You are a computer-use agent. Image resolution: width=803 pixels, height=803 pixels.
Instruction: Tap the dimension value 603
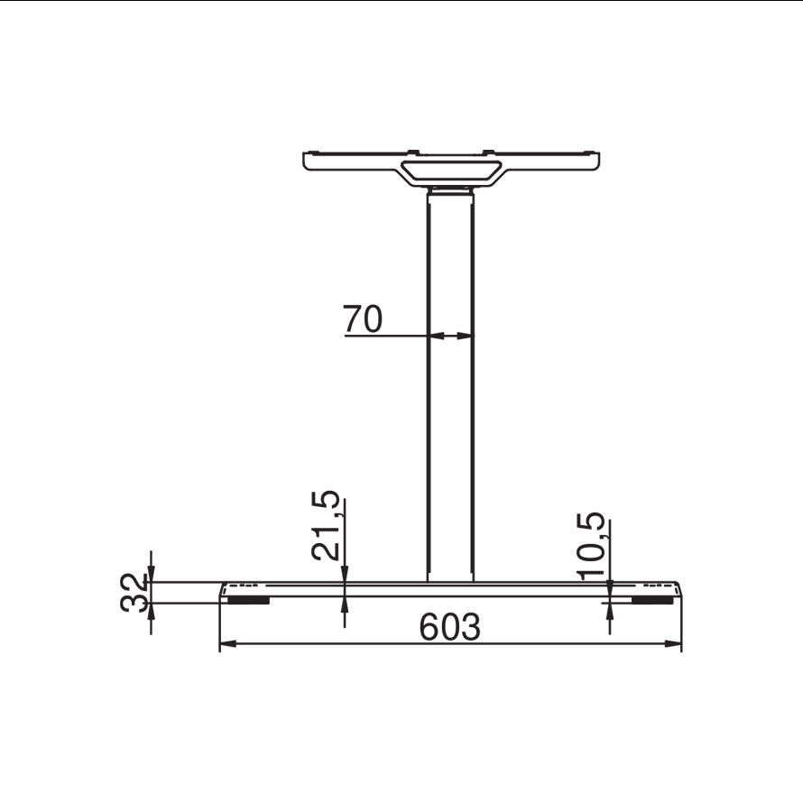450,626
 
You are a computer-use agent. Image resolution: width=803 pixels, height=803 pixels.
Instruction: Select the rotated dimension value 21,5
326,525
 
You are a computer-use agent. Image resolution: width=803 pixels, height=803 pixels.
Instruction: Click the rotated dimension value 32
134,593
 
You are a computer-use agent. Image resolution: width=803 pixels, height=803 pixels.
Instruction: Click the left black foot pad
248,600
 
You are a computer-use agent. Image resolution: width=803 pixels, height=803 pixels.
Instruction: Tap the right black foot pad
652,600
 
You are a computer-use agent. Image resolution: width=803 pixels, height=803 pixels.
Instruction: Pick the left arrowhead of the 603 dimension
228,643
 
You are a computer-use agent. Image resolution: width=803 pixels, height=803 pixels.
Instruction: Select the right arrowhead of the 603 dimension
673,643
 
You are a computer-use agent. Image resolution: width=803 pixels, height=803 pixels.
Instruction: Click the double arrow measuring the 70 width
450,336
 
